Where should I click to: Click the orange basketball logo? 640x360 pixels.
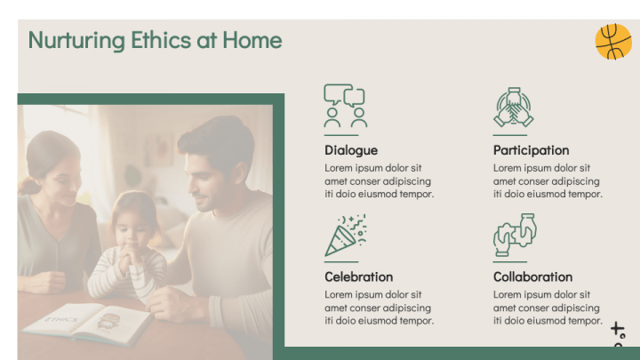click(x=612, y=42)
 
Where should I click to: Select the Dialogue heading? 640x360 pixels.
click(x=350, y=150)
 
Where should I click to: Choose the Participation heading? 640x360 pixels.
click(x=531, y=150)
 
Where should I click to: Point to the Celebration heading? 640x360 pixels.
click(x=358, y=276)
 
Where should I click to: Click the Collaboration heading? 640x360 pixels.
click(x=532, y=276)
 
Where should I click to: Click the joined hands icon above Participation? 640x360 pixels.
click(x=513, y=107)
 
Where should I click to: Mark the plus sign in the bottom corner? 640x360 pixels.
click(x=617, y=330)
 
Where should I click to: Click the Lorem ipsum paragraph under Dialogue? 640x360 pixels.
click(x=379, y=180)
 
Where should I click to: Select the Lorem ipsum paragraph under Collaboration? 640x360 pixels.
click(x=548, y=308)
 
